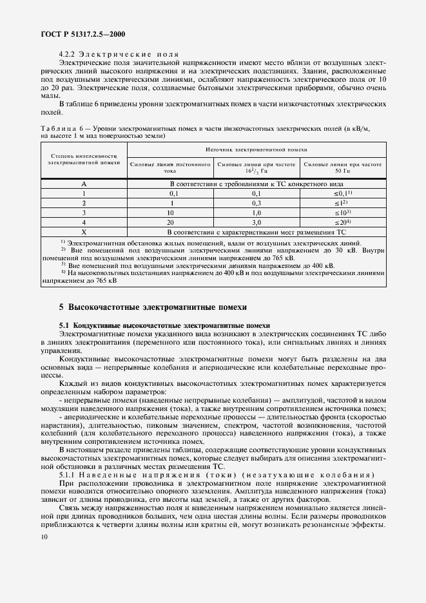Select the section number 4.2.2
(x=68, y=54)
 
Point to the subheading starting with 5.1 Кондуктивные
(x=164, y=325)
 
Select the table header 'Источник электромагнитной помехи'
(x=257, y=149)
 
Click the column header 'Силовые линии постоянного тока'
(x=170, y=167)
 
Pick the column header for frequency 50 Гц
(x=344, y=167)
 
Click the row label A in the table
(x=84, y=184)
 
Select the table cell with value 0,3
(x=256, y=202)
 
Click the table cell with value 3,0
(x=256, y=221)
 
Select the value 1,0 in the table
(x=256, y=212)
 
